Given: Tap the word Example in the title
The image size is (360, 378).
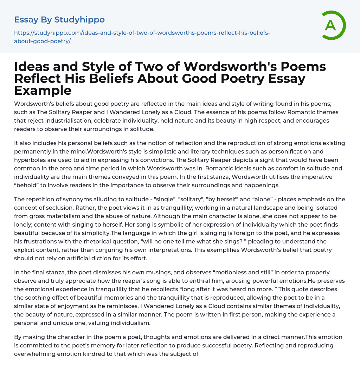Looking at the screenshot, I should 43,90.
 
